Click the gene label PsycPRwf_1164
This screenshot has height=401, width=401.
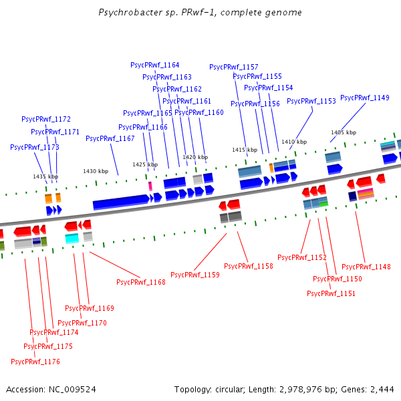pyautogui.click(x=154, y=65)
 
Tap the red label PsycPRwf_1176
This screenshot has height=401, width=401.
pyautogui.click(x=35, y=362)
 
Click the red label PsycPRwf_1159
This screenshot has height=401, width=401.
pyautogui.click(x=194, y=275)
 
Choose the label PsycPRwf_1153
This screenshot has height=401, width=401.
pyautogui.click(x=311, y=101)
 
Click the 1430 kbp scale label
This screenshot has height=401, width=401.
pyautogui.click(x=95, y=171)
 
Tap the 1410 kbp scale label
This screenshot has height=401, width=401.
pyautogui.click(x=293, y=142)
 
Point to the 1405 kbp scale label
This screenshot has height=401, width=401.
pyautogui.click(x=344, y=132)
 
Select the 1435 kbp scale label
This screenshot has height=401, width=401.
pyautogui.click(x=45, y=176)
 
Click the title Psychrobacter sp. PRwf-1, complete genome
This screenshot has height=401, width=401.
pyautogui.click(x=200, y=12)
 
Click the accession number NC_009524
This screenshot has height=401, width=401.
pyautogui.click(x=72, y=389)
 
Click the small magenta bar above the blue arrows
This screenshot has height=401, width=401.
pyautogui.click(x=150, y=185)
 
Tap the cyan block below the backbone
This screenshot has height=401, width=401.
pyautogui.click(x=72, y=237)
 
